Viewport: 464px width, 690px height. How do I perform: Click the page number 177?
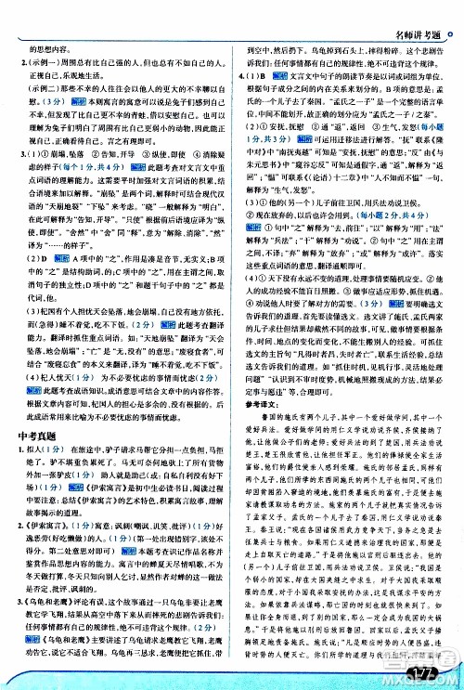426,671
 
